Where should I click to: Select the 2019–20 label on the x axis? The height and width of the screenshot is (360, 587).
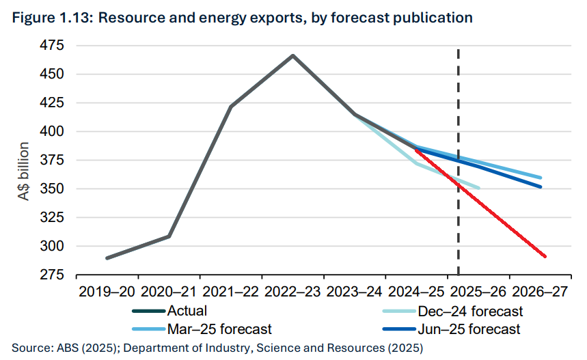click(108, 292)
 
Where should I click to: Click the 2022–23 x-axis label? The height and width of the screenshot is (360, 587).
click(293, 292)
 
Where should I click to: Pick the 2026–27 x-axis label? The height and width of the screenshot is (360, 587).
click(540, 292)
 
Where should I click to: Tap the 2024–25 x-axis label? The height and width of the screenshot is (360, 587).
click(417, 292)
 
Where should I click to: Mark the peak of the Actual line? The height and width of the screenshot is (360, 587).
click(293, 55)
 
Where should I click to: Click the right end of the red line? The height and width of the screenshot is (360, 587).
click(545, 257)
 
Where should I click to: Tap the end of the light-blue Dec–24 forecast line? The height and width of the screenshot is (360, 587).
click(478, 188)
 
